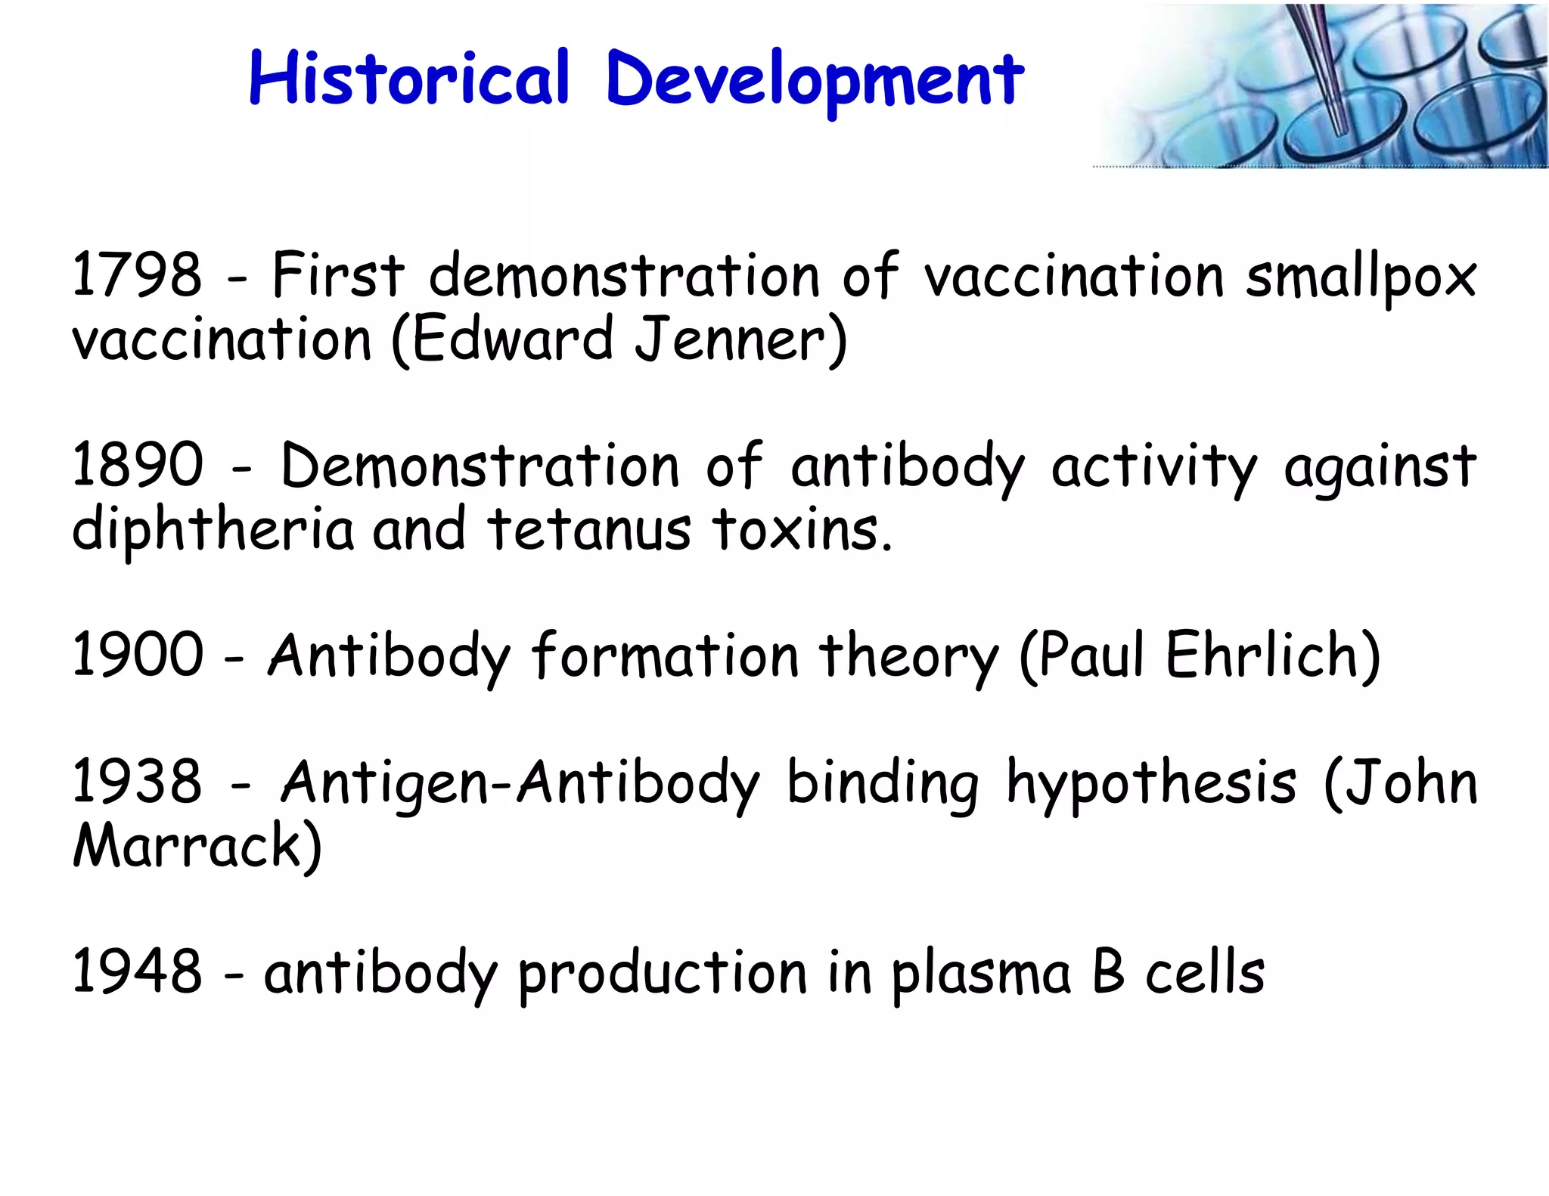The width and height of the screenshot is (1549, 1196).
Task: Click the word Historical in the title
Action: pyautogui.click(x=408, y=79)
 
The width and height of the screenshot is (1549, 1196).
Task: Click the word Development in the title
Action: pyautogui.click(x=815, y=82)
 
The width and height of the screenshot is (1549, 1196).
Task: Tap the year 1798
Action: pyautogui.click(x=137, y=274)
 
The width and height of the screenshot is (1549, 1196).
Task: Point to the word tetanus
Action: pyautogui.click(x=588, y=529)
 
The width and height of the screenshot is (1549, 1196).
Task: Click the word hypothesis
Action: pyautogui.click(x=1151, y=785)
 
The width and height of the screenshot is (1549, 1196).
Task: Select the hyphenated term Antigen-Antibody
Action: pyautogui.click(x=520, y=785)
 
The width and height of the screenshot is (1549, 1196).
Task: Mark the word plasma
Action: pyautogui.click(x=981, y=974)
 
